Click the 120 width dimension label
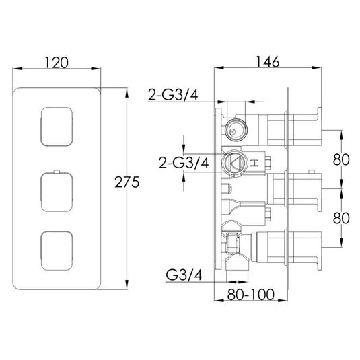tap(57, 63)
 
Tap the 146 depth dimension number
tap(268, 61)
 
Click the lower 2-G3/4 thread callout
tap(183, 163)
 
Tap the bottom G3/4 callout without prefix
tap(183, 275)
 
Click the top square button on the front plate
tap(57, 126)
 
